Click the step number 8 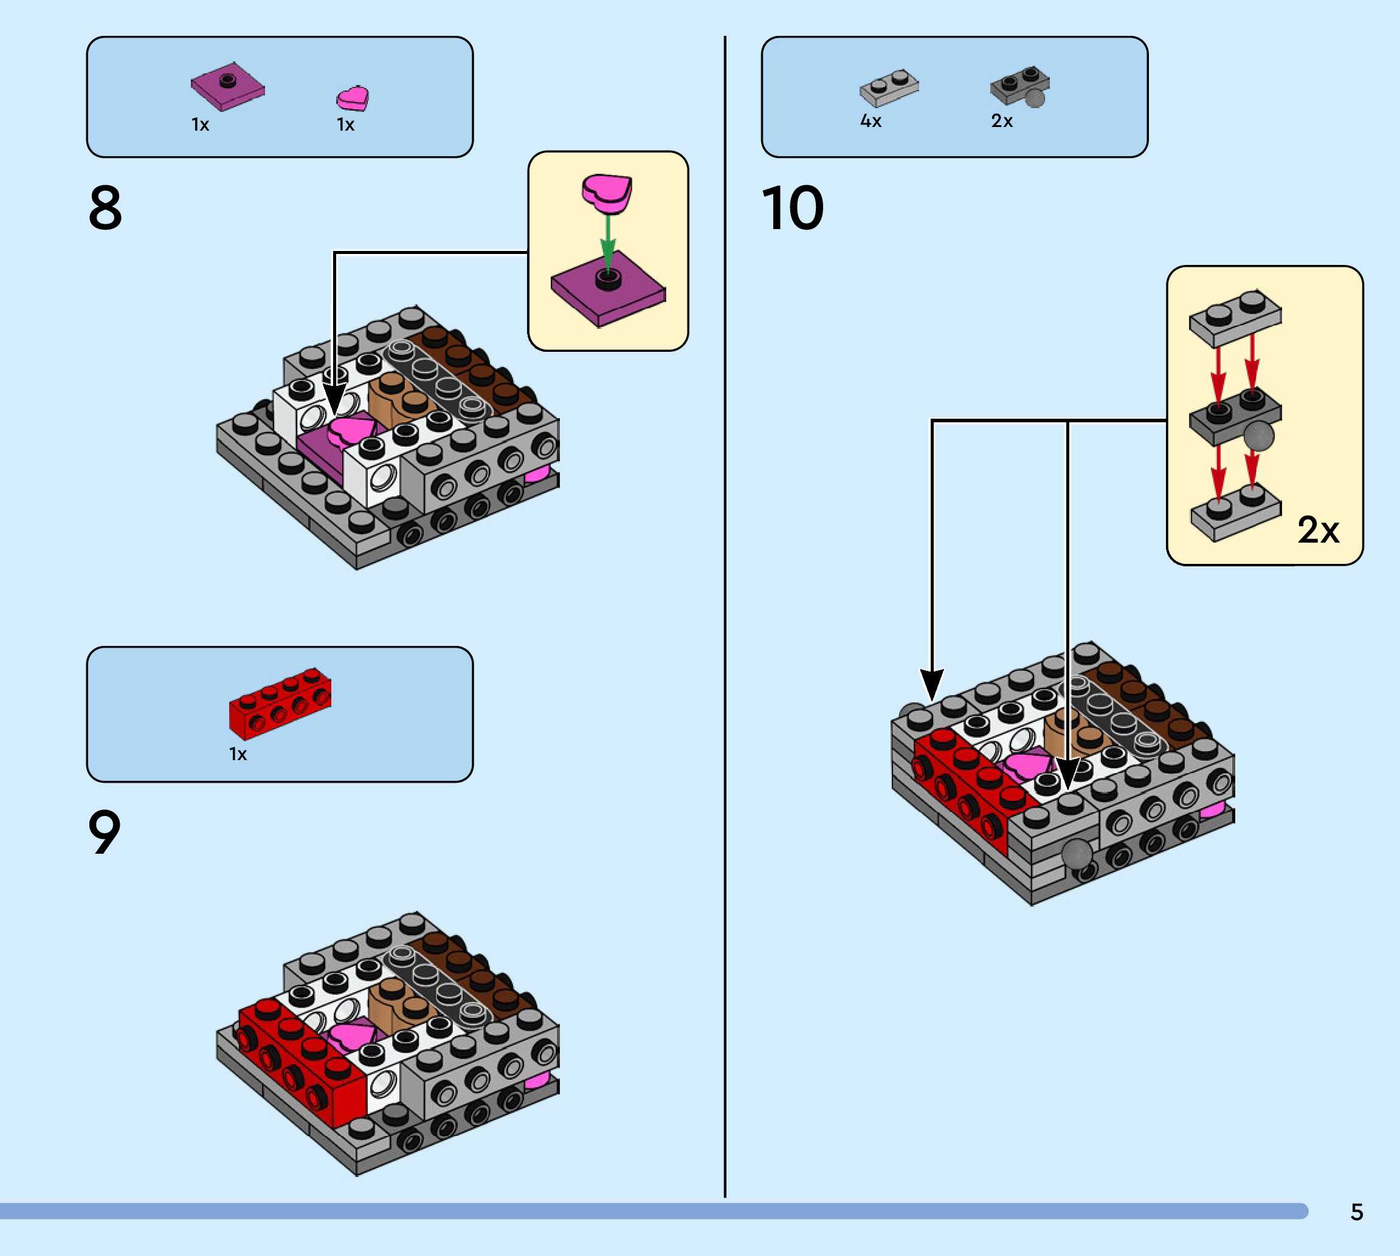click(105, 208)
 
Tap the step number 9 click(104, 832)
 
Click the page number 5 click(1356, 1212)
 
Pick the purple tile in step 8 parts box click(228, 87)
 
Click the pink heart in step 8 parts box click(353, 98)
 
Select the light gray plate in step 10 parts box click(889, 88)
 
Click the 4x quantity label click(871, 122)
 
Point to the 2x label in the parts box click(1002, 122)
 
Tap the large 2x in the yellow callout click(1318, 530)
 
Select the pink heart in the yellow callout click(607, 193)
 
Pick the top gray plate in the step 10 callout click(1235, 317)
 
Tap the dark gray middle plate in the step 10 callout click(1235, 417)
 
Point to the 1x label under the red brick click(238, 754)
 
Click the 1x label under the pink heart click(346, 125)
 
